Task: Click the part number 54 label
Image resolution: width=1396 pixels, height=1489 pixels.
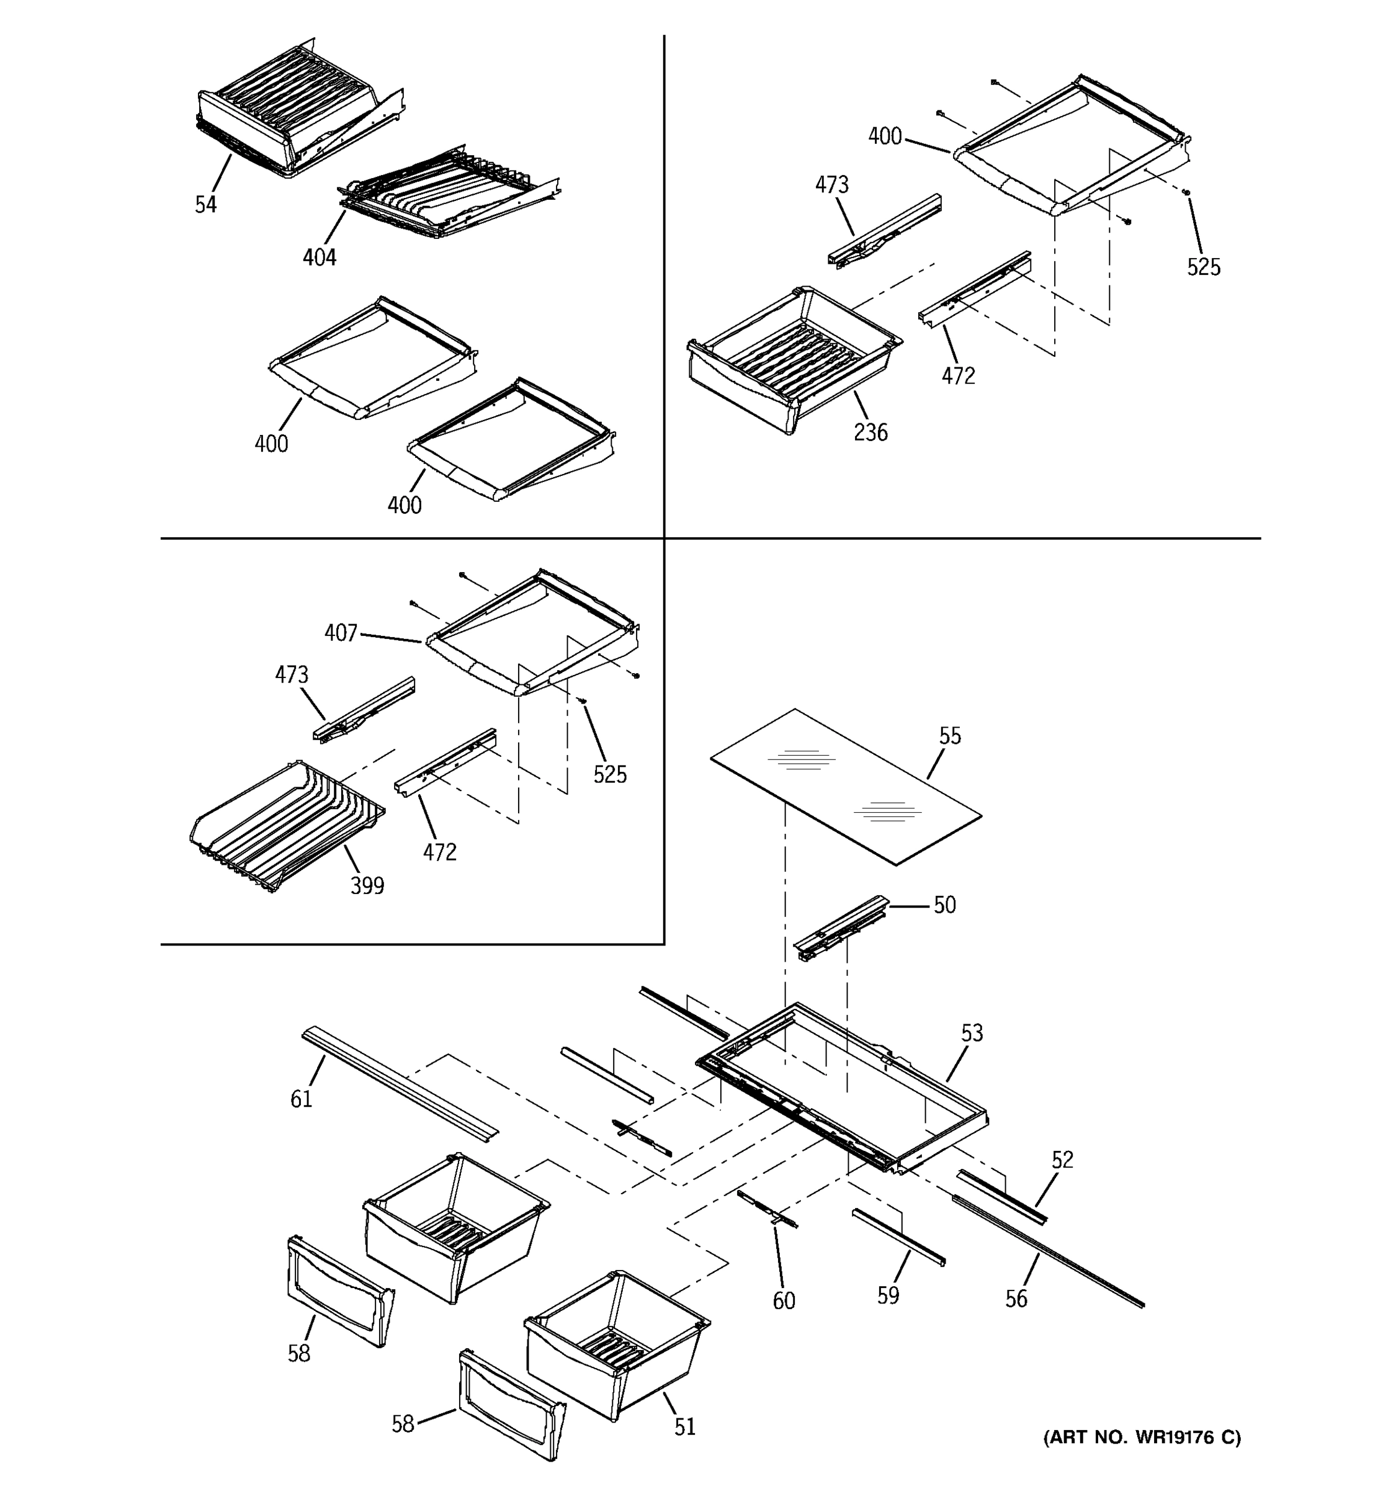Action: (205, 205)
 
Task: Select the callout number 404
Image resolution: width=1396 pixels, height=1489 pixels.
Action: (319, 257)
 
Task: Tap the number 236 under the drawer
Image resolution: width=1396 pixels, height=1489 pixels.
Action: (870, 432)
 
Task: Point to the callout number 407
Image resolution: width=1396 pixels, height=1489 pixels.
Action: (340, 633)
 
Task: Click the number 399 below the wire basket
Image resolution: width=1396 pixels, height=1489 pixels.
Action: (367, 886)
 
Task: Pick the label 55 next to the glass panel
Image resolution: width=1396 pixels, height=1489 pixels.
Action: (950, 736)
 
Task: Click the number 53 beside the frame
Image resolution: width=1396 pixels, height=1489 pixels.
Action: (972, 1034)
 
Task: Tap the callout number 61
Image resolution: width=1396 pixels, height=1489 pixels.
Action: (301, 1099)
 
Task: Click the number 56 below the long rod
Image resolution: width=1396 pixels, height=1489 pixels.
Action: (1016, 1299)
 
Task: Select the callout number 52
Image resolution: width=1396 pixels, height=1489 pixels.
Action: (1062, 1160)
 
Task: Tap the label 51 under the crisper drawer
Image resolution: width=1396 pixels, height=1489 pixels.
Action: (684, 1428)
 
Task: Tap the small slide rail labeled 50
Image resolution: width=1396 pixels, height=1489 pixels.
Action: (839, 928)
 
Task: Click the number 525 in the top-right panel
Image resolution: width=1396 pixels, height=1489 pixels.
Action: (1203, 267)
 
